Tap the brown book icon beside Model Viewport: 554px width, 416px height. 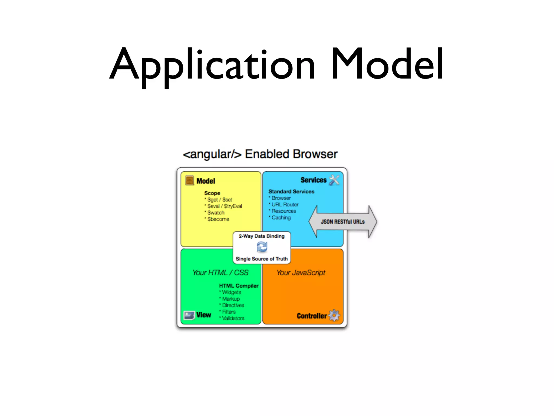point(189,180)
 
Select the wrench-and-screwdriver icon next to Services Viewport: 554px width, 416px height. point(334,180)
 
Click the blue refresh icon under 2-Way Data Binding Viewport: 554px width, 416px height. point(262,247)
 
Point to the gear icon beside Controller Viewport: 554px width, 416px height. point(334,316)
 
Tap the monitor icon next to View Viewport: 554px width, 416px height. point(189,315)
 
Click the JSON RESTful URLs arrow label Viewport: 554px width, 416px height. point(343,222)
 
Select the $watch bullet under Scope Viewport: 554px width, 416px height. point(216,213)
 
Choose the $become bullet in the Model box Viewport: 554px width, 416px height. point(218,219)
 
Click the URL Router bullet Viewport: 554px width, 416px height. point(285,205)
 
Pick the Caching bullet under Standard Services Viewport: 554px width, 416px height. point(281,218)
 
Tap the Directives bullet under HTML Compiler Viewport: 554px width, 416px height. point(233,305)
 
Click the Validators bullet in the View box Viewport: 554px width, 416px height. point(233,318)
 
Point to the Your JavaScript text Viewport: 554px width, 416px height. point(301,273)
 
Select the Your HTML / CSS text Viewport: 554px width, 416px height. point(220,273)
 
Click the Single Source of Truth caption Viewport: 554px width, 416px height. point(262,259)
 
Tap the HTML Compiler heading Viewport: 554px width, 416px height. point(239,286)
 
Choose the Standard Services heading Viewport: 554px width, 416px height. point(291,192)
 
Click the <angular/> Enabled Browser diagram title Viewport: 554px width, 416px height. point(260,154)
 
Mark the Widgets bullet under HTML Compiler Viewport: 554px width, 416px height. point(231,292)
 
